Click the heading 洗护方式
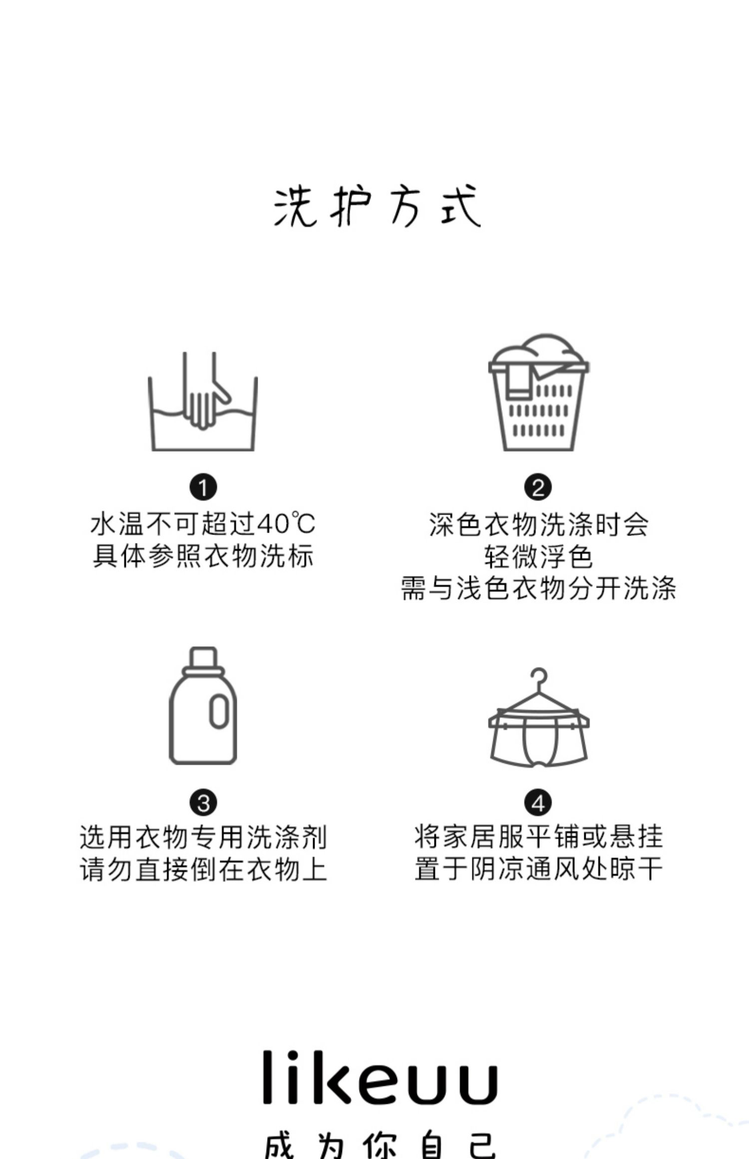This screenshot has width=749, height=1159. tap(377, 207)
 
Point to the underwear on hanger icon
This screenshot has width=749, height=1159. tap(538, 723)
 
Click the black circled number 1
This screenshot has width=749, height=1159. tap(203, 487)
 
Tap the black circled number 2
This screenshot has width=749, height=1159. tap(538, 487)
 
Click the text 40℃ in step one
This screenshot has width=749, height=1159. tap(286, 524)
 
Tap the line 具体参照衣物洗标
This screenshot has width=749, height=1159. tap(203, 556)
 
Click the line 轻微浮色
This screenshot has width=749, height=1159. tap(538, 557)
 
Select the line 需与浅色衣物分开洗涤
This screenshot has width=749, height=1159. tap(538, 588)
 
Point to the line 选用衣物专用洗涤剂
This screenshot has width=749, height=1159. tap(203, 838)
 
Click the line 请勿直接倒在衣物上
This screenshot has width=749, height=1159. tap(203, 869)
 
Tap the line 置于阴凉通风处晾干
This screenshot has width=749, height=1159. tap(538, 869)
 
